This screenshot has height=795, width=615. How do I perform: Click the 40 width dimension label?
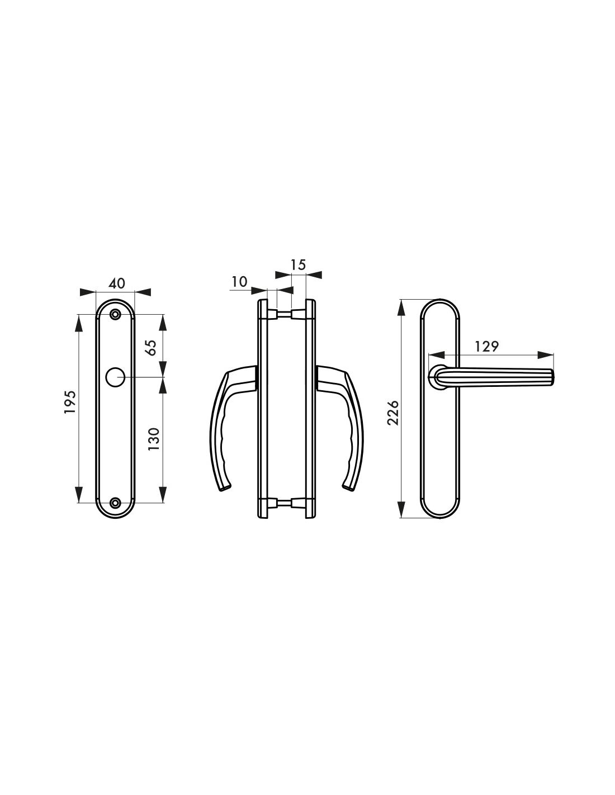click(x=116, y=283)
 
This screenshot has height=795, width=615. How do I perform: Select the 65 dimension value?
click(x=150, y=347)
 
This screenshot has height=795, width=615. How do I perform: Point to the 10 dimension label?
click(x=239, y=282)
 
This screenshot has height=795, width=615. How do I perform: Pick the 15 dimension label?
click(x=299, y=264)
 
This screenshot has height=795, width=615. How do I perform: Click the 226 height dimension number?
click(x=393, y=412)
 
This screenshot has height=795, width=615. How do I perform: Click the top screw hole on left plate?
click(x=116, y=314)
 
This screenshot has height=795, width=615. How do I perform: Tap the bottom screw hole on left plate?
click(x=116, y=502)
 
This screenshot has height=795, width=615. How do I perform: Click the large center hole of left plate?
click(x=116, y=377)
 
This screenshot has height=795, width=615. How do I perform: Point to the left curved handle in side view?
click(x=224, y=425)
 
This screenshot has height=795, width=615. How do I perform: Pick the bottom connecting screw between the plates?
click(x=285, y=504)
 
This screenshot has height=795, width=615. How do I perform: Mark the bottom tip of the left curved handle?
click(x=224, y=489)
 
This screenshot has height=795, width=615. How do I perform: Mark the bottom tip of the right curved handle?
click(x=349, y=489)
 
